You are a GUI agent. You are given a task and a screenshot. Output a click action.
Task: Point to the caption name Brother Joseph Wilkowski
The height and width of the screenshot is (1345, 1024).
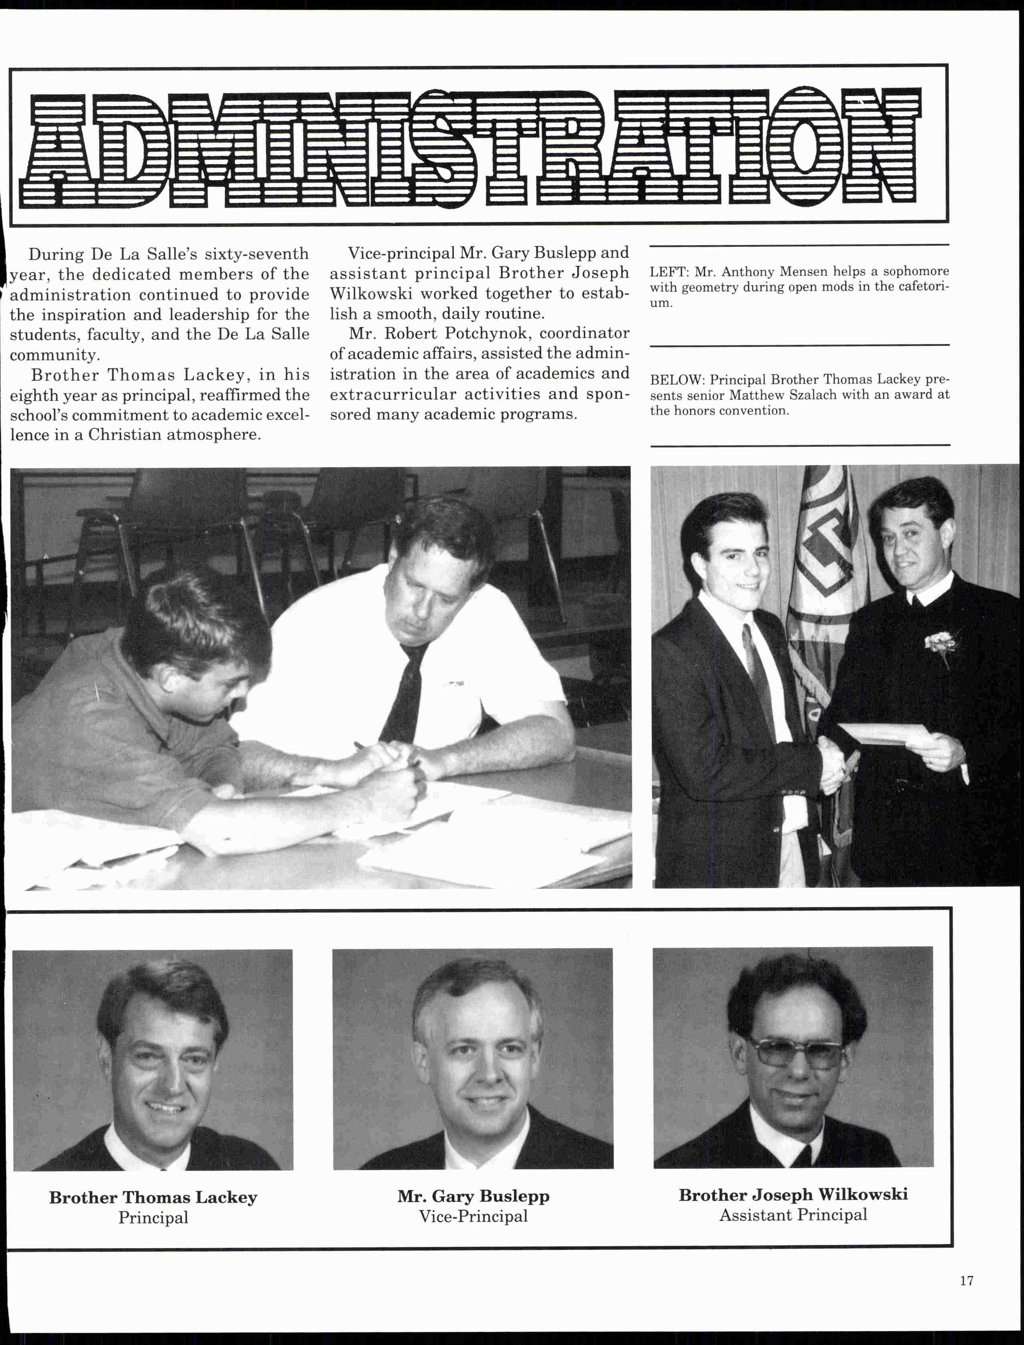(793, 1194)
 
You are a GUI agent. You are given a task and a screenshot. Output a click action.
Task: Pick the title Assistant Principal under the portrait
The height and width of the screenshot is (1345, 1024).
(793, 1215)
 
